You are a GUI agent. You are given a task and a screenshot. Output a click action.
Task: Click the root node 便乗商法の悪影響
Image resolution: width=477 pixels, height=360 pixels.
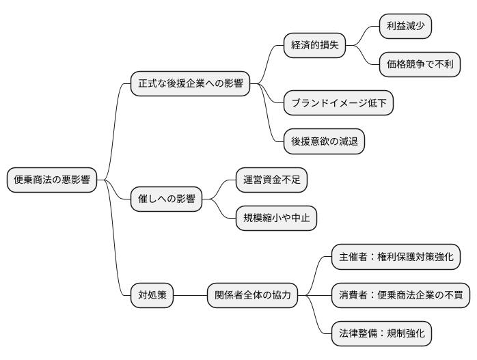[52, 180]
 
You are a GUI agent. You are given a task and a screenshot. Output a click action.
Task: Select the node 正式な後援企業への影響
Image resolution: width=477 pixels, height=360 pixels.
[190, 85]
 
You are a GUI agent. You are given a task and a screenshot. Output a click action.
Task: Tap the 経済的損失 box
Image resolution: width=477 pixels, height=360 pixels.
[314, 46]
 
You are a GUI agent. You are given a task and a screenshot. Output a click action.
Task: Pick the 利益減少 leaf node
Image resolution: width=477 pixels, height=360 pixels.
[406, 26]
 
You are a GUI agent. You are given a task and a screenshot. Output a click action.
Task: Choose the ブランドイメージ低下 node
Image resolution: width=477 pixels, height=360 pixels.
[338, 103]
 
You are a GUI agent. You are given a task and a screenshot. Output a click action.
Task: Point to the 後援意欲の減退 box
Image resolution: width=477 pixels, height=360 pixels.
[324, 141]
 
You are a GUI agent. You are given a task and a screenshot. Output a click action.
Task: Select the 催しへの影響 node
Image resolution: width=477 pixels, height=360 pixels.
[166, 199]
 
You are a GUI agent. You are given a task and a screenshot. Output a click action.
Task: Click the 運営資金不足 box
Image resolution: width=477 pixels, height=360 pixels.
[271, 180]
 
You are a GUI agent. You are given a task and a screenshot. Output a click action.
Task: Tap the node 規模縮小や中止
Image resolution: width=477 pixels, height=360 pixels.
[276, 219]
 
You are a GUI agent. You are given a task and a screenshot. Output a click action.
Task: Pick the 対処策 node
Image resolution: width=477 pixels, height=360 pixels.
[152, 296]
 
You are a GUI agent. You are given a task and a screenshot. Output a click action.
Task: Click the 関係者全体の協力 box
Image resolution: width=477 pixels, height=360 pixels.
[253, 296]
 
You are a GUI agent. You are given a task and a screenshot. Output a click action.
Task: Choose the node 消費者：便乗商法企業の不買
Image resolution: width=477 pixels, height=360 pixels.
[400, 296]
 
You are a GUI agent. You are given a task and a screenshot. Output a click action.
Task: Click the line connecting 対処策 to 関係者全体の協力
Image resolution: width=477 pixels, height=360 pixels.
[191, 296]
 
